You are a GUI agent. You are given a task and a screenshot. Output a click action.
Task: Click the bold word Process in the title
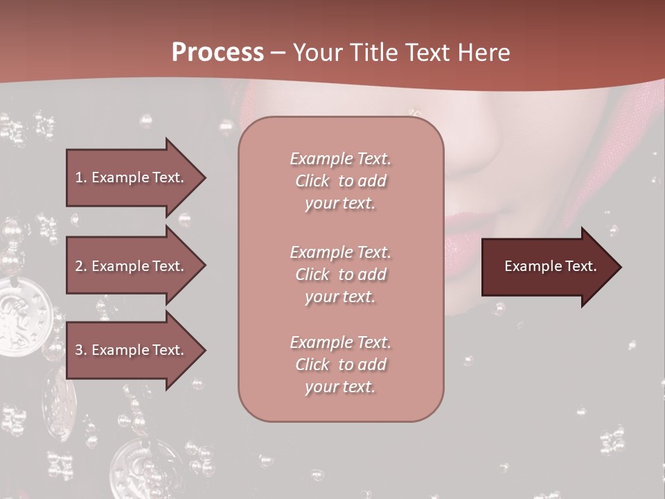click(x=218, y=53)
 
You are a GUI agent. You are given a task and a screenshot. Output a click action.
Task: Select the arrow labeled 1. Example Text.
click(x=135, y=177)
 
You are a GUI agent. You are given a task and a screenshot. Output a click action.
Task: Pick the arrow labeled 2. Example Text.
click(x=135, y=266)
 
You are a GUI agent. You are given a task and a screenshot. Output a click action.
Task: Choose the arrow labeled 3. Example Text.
click(x=135, y=350)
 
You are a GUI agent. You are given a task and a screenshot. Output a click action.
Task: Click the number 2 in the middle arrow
click(x=79, y=266)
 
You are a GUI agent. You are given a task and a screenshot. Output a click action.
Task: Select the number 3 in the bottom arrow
click(x=79, y=350)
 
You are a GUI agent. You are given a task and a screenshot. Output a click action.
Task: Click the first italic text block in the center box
click(x=340, y=181)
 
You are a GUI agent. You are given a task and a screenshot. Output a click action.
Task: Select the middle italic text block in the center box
click(x=340, y=274)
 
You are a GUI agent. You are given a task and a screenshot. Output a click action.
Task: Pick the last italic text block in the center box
click(x=340, y=365)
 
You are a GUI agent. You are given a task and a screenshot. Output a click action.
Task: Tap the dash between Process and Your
click(x=278, y=53)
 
